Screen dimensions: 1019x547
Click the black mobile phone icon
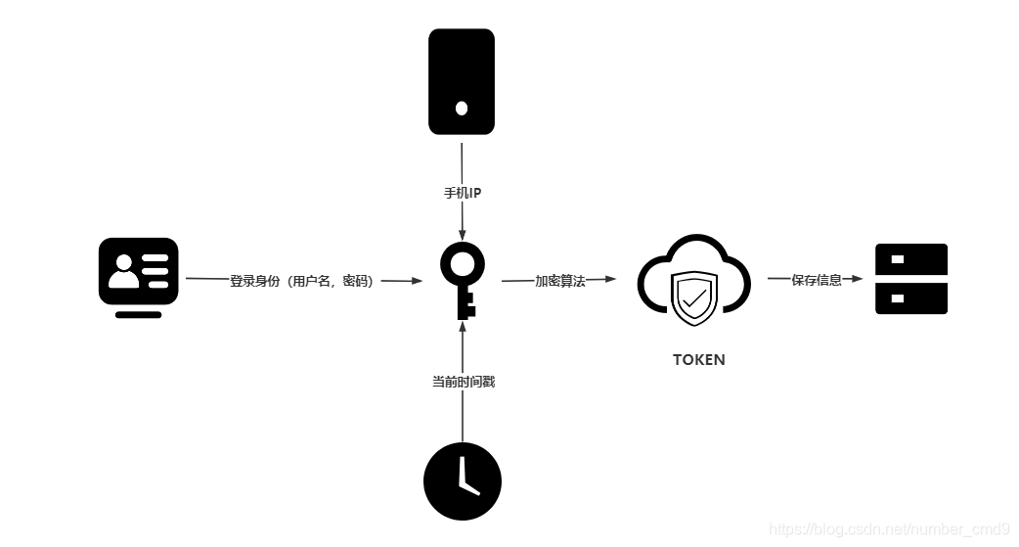point(462,81)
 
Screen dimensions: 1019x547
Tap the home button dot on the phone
point(462,108)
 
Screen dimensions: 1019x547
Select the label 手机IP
point(463,193)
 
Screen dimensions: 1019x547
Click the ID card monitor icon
point(139,276)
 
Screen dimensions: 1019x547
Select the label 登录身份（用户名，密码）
point(302,281)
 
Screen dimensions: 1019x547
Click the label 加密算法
point(559,281)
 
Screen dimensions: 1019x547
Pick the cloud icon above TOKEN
point(694,282)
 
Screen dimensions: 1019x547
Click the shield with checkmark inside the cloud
point(694,298)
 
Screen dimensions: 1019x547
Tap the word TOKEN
point(699,359)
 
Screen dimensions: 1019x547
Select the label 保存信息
point(817,280)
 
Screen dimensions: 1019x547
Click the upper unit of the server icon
point(911,259)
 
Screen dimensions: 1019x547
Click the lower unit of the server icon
point(911,297)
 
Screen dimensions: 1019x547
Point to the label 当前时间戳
point(464,382)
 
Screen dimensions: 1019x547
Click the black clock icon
point(463,481)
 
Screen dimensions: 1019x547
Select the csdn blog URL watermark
point(889,529)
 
